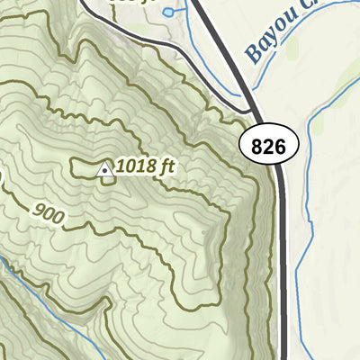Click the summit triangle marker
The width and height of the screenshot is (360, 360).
104,169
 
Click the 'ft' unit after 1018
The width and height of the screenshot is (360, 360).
164,166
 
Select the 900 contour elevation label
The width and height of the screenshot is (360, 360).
50,214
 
